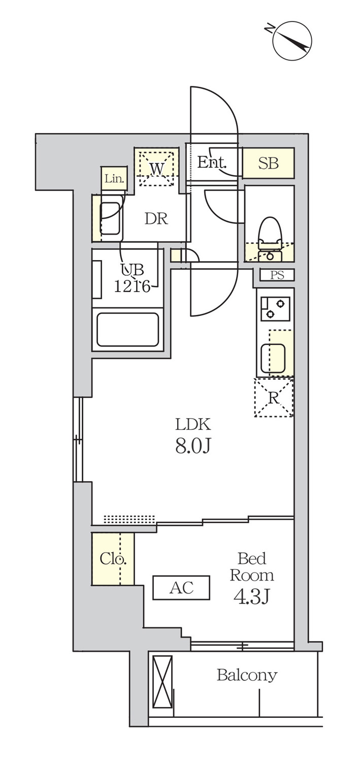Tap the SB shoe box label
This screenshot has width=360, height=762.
coord(268,163)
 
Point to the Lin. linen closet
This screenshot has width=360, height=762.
coord(114,178)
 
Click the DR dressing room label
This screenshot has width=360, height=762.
coord(156,219)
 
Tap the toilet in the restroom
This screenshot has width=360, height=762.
coord(270,238)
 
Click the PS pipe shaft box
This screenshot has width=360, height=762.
coord(277,275)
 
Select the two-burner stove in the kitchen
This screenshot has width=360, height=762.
coord(275,308)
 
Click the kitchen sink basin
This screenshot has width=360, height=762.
coord(273,358)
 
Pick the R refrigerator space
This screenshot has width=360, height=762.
coord(274,397)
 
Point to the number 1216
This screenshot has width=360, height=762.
coord(132,287)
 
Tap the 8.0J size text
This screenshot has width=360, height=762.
coord(193,446)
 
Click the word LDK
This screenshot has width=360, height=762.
coord(193,425)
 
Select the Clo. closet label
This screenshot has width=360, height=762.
coord(113,559)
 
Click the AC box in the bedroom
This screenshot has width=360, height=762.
coord(181,587)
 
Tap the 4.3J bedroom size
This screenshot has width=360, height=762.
coord(251,597)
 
